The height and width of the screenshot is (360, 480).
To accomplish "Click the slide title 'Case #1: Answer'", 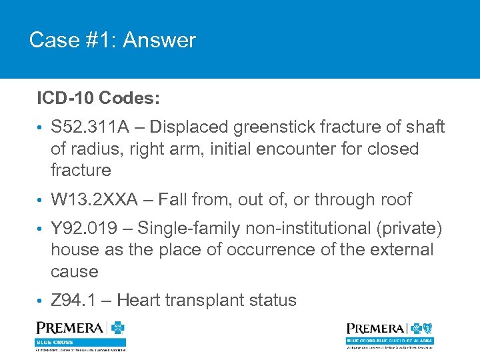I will pos(112,41).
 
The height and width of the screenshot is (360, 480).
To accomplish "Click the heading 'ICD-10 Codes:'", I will pos(98,98).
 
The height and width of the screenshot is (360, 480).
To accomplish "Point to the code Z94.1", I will pos(72,300).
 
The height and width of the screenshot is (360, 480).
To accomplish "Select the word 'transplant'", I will pos(209,300).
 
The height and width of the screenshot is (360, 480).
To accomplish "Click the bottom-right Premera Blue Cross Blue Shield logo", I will pos(389,334).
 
